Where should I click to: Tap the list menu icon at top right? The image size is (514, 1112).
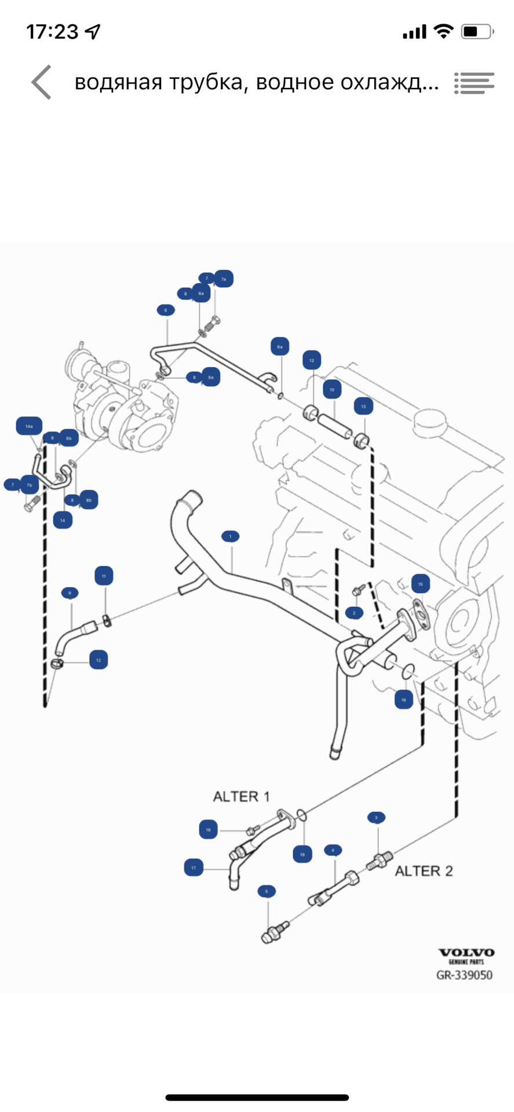click(475, 83)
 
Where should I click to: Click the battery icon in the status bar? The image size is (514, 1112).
click(477, 31)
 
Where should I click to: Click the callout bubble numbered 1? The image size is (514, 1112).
click(230, 536)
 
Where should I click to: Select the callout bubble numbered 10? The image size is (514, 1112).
click(332, 390)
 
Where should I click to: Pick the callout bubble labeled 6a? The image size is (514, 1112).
click(280, 347)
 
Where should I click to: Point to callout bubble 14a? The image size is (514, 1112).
click(29, 426)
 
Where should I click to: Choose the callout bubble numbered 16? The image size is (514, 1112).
click(404, 700)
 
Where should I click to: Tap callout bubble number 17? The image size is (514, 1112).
click(194, 868)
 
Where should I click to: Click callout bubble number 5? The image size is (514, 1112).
click(267, 891)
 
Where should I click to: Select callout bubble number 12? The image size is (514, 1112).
click(99, 660)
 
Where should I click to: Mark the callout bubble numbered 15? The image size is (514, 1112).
click(421, 584)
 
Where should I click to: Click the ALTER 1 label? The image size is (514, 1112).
click(241, 797)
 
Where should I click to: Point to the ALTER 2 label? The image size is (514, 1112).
click(424, 871)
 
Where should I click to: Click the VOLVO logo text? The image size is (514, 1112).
click(466, 953)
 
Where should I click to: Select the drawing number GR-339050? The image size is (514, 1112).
click(464, 975)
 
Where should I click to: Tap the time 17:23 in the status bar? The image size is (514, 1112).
click(52, 31)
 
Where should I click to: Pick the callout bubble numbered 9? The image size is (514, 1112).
click(70, 593)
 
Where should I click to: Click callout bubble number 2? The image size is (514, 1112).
click(354, 613)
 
